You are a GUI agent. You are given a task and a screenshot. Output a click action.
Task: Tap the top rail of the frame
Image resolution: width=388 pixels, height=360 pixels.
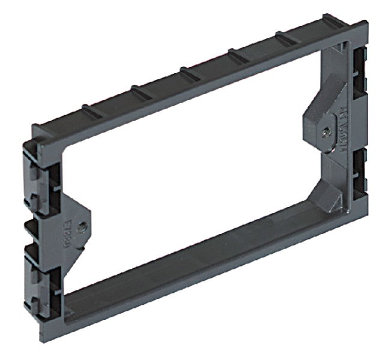pyautogui.click(x=198, y=78)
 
